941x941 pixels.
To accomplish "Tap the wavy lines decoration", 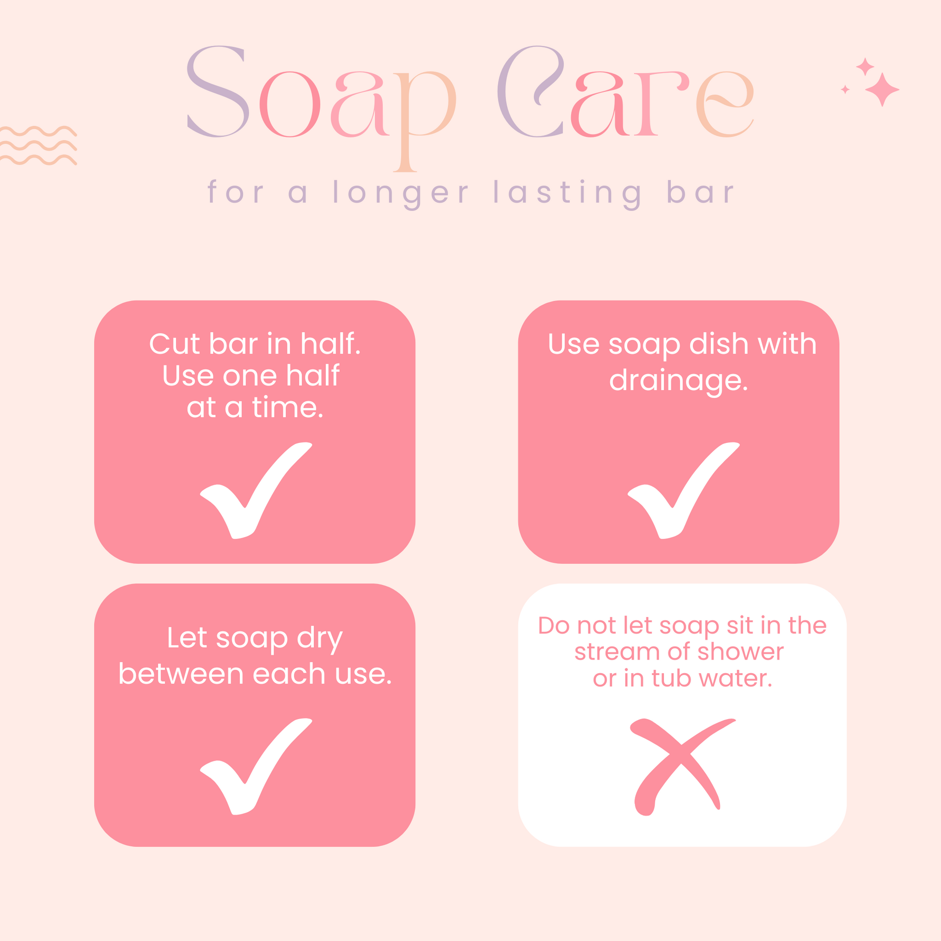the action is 38,146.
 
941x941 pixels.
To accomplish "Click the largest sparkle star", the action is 882,89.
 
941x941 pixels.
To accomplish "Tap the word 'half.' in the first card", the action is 331,343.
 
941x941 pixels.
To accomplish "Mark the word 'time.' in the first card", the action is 288,408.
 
